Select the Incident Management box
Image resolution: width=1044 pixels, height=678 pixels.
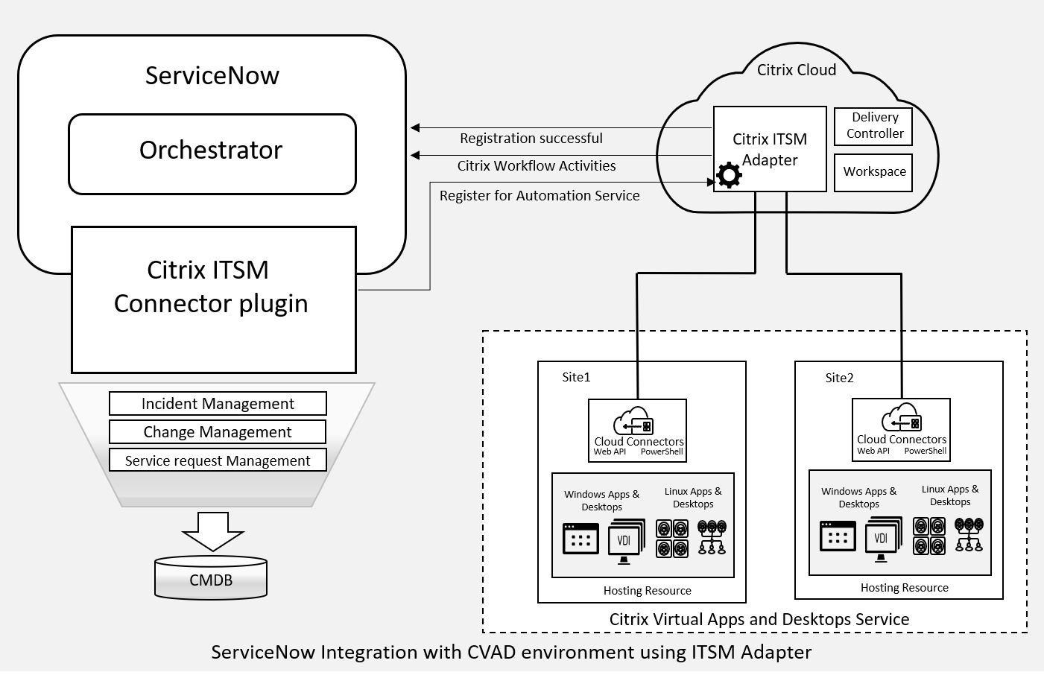(x=218, y=404)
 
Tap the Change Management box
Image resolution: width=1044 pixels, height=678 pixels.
(x=218, y=432)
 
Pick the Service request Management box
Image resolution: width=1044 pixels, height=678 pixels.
(x=218, y=460)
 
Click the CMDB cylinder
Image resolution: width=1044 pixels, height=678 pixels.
(x=211, y=579)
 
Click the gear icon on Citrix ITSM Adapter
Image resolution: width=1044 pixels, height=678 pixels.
(x=729, y=175)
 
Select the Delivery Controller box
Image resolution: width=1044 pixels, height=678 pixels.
(x=873, y=126)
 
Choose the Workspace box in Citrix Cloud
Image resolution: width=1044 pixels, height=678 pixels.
(x=873, y=172)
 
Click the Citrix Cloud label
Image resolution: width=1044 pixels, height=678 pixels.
(x=796, y=70)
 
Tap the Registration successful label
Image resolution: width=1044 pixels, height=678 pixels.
(x=531, y=139)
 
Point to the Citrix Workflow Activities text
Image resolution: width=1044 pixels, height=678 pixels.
(x=537, y=166)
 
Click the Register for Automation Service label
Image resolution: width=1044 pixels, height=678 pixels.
(x=540, y=196)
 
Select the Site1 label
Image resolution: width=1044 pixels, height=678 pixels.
(x=576, y=377)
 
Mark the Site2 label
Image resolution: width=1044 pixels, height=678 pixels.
(x=839, y=378)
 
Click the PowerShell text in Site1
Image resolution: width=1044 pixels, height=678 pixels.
(x=662, y=452)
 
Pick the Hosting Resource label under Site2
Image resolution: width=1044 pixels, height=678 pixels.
(x=904, y=588)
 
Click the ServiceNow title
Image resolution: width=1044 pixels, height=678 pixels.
(x=212, y=76)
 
